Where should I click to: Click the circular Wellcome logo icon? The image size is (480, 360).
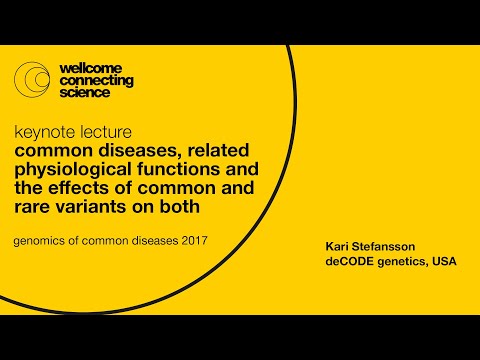[33, 80]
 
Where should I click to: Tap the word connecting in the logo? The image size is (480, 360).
[96, 80]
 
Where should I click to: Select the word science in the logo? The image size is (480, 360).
[85, 93]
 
